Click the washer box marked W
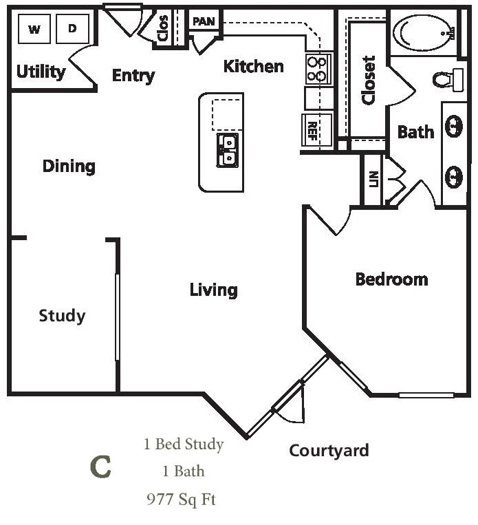tap(34, 29)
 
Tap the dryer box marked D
tap(72, 29)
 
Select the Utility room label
tap(41, 72)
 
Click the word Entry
tap(133, 75)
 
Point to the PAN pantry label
tap(204, 21)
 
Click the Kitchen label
tap(254, 66)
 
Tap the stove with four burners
tap(318, 69)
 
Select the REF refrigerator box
tap(312, 129)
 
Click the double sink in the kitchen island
tap(228, 150)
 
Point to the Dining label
tap(69, 166)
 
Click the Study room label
tap(62, 316)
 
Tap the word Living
tap(214, 290)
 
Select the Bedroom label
tap(391, 279)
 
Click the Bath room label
tap(416, 131)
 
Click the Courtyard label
tap(329, 451)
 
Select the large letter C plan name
tap(101, 467)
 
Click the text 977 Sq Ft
tap(182, 499)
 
